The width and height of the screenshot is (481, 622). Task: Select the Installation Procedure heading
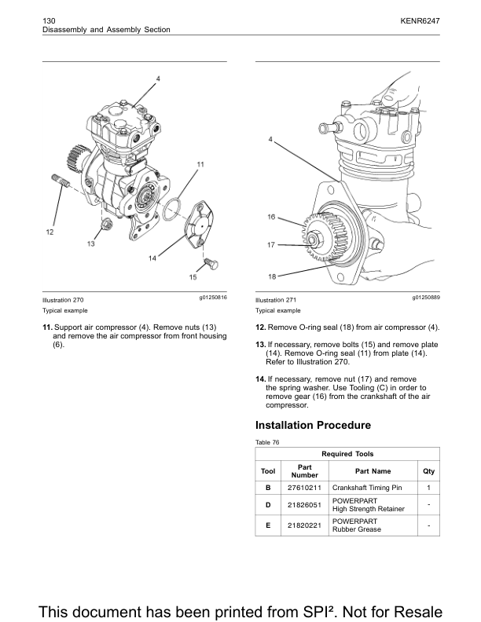pyautogui.click(x=313, y=425)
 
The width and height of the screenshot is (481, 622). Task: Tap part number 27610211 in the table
pyautogui.click(x=304, y=488)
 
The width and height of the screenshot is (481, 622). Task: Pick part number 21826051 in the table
pyautogui.click(x=304, y=505)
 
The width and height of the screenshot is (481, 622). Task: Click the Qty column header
pyautogui.click(x=428, y=471)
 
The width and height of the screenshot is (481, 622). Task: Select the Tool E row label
pyautogui.click(x=268, y=525)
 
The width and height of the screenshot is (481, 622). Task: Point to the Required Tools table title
pyautogui.click(x=347, y=454)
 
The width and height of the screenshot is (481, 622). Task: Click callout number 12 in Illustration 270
pyautogui.click(x=50, y=232)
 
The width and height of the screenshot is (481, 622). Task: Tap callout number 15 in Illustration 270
pyautogui.click(x=193, y=276)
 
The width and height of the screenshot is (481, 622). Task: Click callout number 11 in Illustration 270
pyautogui.click(x=200, y=164)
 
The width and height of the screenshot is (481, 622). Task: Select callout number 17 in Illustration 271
pyautogui.click(x=270, y=245)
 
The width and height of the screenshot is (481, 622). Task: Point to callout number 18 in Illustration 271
pyautogui.click(x=270, y=276)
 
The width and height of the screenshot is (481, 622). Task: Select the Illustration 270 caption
pyautogui.click(x=63, y=300)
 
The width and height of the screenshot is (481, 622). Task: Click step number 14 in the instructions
pyautogui.click(x=260, y=379)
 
